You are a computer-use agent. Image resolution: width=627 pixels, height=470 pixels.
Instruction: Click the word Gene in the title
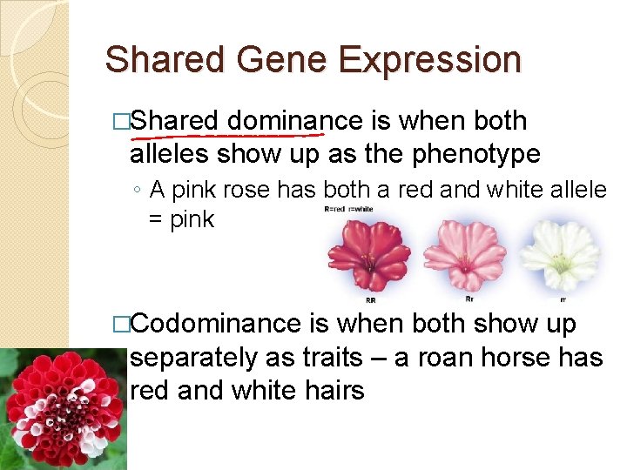point(283,61)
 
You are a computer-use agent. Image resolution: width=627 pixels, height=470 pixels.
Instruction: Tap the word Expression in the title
point(429,61)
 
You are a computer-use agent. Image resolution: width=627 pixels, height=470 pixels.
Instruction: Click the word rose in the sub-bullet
point(287,189)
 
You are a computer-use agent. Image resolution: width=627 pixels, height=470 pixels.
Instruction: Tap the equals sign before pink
point(156,219)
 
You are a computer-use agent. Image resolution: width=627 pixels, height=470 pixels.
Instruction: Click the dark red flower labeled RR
point(368,253)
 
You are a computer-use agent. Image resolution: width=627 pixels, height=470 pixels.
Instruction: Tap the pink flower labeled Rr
point(464,253)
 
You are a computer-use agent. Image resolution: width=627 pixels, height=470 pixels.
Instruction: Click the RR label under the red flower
point(370,299)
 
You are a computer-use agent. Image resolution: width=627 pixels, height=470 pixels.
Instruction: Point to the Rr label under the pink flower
point(469,299)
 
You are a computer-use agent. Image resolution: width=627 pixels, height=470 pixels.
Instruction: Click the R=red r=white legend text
point(348,209)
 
